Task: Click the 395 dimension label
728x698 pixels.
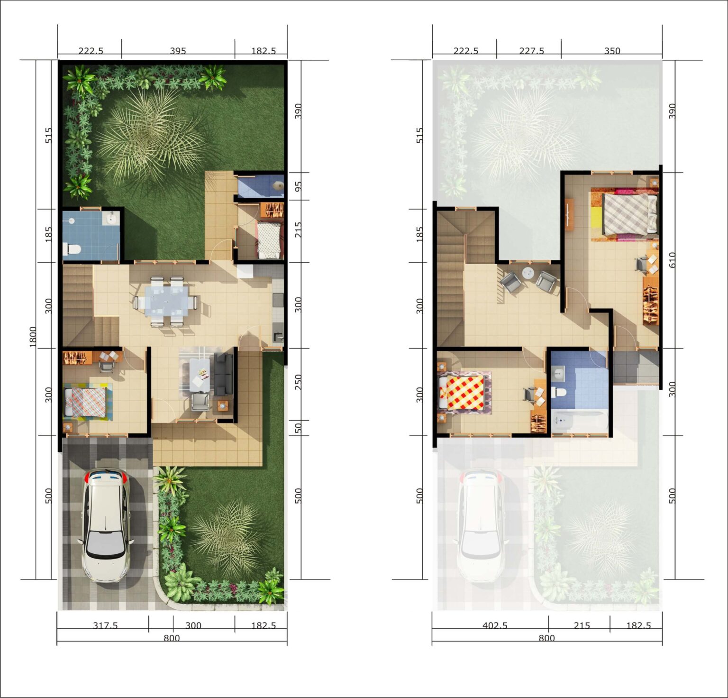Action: (178, 51)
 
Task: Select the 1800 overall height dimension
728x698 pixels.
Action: (33, 337)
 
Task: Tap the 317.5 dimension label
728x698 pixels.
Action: (105, 625)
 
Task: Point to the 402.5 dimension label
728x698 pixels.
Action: (495, 625)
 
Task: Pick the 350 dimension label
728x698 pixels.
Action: (612, 51)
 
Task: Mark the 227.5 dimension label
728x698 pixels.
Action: (531, 51)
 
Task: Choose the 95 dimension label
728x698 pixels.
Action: (298, 186)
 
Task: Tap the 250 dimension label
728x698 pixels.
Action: (298, 382)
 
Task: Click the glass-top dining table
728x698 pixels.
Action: (166, 300)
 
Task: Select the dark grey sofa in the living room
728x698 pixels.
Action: (224, 374)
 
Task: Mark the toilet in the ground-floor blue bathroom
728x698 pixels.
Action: (71, 248)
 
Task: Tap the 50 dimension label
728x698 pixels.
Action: (298, 428)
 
